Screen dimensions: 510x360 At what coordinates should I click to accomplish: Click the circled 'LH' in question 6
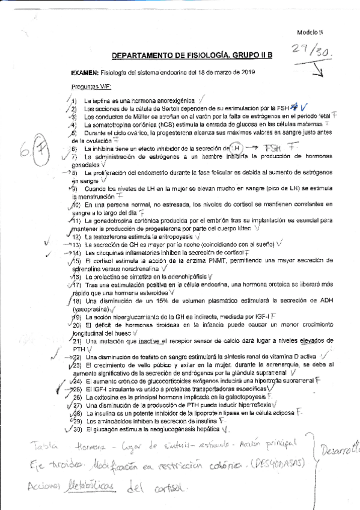237,147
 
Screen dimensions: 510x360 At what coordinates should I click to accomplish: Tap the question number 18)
78,300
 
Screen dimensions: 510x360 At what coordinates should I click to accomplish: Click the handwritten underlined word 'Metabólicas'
87,485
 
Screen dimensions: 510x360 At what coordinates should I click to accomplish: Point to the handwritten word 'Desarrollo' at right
340,449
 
